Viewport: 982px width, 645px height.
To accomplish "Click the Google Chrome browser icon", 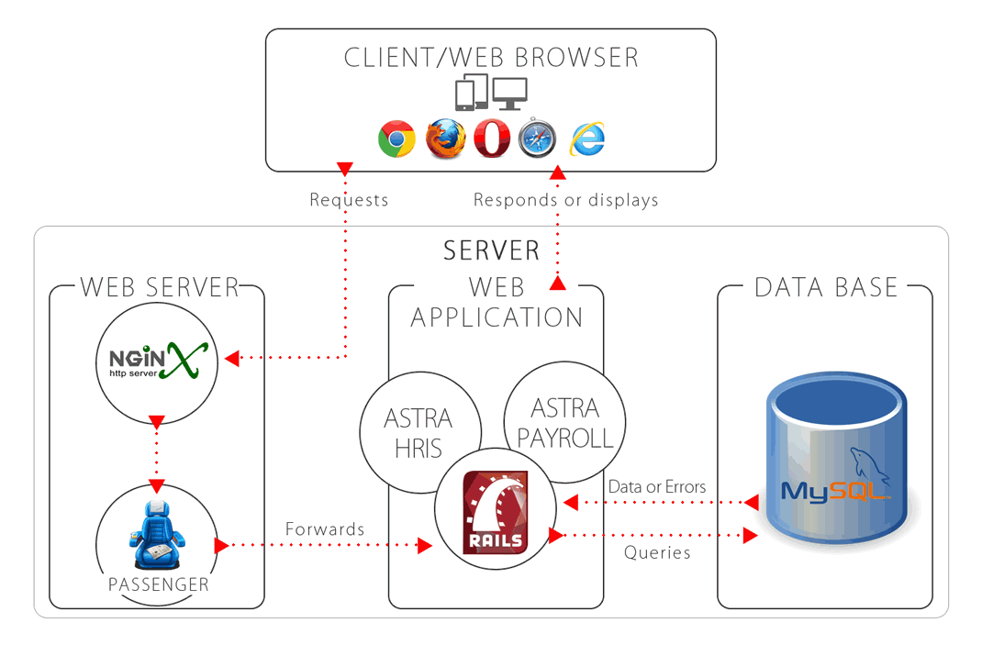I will click(396, 139).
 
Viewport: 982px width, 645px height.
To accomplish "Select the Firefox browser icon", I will click(445, 139).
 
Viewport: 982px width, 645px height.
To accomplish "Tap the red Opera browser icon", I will click(492, 139).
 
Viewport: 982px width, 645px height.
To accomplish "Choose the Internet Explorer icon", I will click(587, 139).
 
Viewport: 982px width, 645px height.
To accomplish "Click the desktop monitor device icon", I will click(510, 93).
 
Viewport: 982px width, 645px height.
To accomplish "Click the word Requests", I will click(349, 200).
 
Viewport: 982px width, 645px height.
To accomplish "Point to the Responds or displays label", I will click(565, 200).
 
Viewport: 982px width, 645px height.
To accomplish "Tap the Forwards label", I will click(325, 529).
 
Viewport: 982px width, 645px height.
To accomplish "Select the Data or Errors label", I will click(657, 486).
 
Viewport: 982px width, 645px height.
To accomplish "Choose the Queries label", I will click(657, 552).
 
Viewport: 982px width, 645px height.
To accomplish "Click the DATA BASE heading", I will click(825, 287).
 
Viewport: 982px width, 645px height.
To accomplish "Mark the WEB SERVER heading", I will click(159, 287).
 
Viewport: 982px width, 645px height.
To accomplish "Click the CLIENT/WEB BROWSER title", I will click(491, 58).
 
